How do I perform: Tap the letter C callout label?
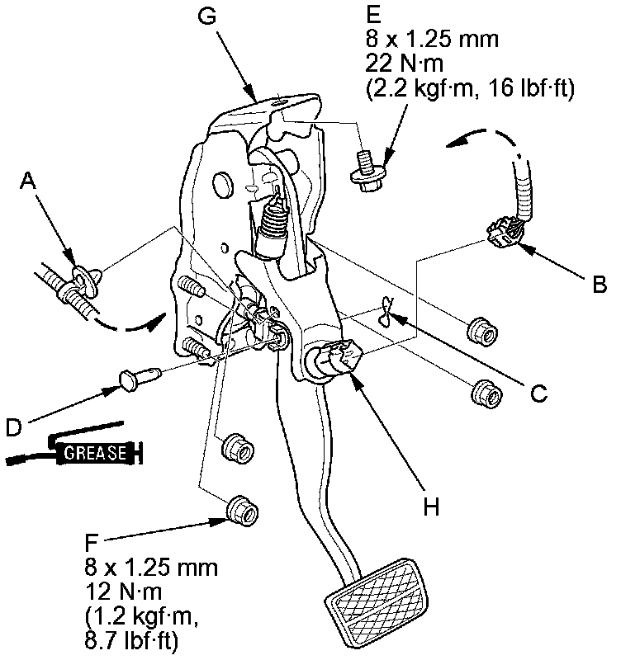tap(538, 394)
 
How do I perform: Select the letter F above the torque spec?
tap(92, 544)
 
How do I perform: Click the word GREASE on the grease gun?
tap(96, 453)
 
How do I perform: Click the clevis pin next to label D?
tap(137, 379)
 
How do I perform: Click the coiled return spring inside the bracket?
tap(273, 224)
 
